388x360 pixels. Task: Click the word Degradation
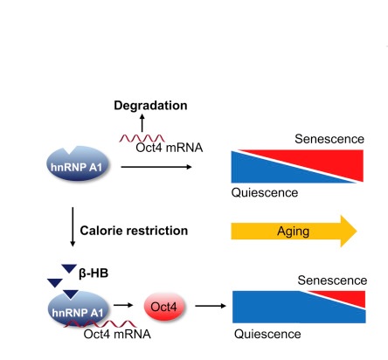150,106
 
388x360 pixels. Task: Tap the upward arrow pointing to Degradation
142,123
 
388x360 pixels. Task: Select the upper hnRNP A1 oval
78,163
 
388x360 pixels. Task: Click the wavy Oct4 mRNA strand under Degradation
142,138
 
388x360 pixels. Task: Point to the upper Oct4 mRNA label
170,148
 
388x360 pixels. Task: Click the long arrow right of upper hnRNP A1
156,167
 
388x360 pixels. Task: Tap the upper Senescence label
329,139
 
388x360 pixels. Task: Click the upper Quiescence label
265,192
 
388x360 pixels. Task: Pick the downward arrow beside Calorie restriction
73,227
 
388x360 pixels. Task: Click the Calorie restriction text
134,231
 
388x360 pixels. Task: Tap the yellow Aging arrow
294,232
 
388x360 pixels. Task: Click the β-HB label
94,273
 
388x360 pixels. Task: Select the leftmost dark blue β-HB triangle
55,283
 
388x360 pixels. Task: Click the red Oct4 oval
164,307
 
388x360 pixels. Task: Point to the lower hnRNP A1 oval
79,308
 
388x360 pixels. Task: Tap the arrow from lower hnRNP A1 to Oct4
123,305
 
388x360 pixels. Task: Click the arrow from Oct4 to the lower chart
211,306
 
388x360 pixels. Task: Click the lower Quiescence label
267,334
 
